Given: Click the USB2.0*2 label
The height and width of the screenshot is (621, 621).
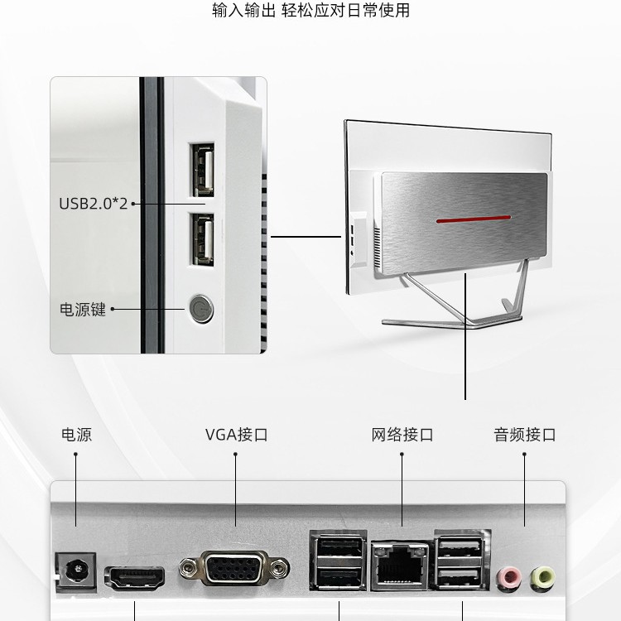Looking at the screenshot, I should click(93, 203).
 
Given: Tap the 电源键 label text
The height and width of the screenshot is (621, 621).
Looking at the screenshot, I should click(83, 310).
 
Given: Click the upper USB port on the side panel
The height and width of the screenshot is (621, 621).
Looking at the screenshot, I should click(202, 171).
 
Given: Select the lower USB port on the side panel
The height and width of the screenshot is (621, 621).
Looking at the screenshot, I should click(202, 238).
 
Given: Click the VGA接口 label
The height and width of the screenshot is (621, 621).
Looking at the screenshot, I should click(236, 435).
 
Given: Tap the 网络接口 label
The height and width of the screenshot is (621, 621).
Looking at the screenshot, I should click(402, 435).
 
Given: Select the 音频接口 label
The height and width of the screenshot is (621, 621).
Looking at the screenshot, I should click(525, 435).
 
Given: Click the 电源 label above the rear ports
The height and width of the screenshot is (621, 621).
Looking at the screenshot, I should click(76, 435).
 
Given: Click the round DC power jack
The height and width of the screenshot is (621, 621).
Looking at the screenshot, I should click(75, 571).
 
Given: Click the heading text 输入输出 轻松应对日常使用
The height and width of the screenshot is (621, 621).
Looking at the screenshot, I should click(310, 11).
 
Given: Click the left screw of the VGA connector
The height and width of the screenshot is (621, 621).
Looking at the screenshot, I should click(189, 569).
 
